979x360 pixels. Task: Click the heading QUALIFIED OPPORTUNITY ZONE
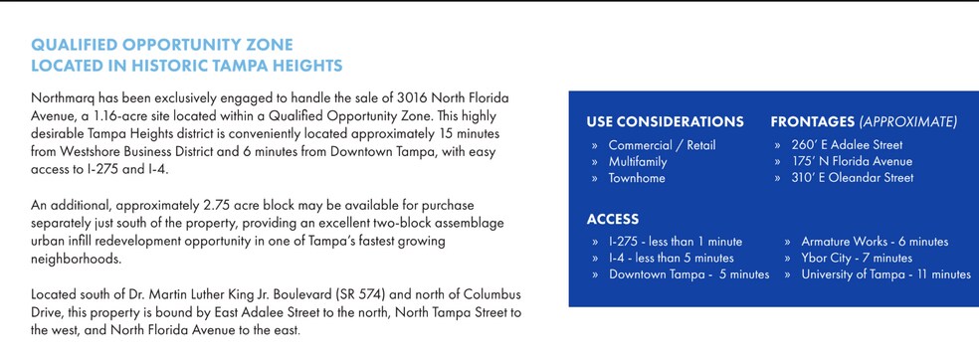pos(162,46)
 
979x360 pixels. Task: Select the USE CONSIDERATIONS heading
pos(665,122)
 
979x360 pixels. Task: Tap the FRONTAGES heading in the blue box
pos(815,122)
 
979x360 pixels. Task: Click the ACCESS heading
pos(612,219)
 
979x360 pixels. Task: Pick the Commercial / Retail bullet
pos(662,145)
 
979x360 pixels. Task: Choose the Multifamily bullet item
pos(638,161)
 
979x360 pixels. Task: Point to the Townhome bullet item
pos(637,178)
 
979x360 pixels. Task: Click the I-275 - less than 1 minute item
pos(675,242)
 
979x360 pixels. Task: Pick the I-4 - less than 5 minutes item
pos(671,258)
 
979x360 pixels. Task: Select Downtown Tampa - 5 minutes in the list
pos(688,274)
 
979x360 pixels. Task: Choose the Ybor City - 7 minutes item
pos(857,258)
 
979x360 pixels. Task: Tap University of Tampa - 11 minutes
pos(885,274)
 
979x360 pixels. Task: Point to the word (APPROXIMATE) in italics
pos(908,122)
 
